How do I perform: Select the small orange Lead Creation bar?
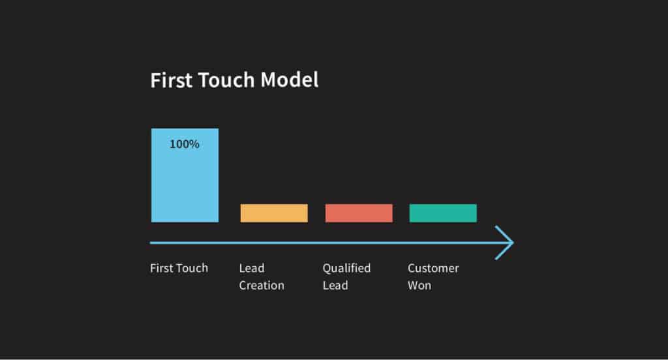[274, 213]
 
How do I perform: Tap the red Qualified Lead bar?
[359, 213]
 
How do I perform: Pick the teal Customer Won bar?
[443, 213]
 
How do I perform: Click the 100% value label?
[185, 144]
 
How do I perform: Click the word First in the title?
[168, 80]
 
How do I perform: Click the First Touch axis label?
[179, 268]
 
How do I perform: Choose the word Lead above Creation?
[252, 268]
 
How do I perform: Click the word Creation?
[262, 286]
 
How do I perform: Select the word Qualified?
[346, 268]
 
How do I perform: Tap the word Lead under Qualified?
[335, 286]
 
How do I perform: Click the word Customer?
[433, 268]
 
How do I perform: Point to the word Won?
[419, 286]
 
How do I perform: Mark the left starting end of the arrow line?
[152, 243]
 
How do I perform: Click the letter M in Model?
[269, 80]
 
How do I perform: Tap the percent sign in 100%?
[194, 144]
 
